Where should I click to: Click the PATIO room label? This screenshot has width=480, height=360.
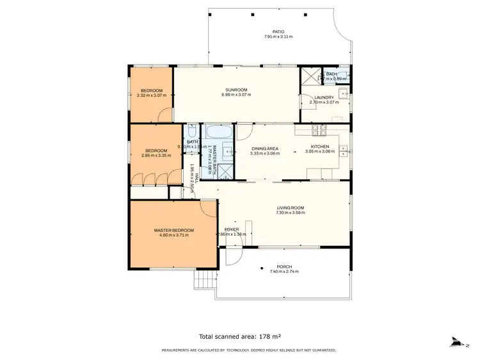click(278, 31)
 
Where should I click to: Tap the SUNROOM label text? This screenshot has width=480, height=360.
click(236, 90)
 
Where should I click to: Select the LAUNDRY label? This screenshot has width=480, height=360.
click(324, 97)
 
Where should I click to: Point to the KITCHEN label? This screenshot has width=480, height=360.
click(320, 147)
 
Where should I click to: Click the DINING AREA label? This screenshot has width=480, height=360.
click(265, 148)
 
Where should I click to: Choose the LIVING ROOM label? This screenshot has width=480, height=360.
click(290, 208)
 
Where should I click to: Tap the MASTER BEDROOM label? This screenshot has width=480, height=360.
click(173, 230)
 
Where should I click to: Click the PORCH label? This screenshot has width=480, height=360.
click(284, 266)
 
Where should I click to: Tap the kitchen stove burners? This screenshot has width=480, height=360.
click(317, 131)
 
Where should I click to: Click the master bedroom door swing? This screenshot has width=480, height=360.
click(209, 208)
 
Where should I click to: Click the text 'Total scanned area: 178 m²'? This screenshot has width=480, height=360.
click(240, 336)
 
